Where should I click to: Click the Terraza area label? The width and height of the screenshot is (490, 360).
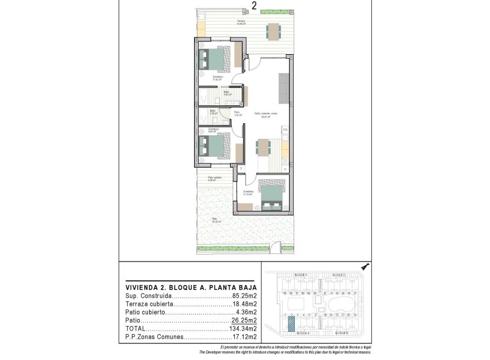coord(240,22)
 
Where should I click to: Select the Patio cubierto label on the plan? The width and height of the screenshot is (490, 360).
coord(215,178)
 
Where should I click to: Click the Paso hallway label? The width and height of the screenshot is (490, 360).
coord(236,113)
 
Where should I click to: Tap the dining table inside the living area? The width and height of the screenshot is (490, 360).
coord(263,147)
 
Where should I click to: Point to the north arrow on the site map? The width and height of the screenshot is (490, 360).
coord(364,266)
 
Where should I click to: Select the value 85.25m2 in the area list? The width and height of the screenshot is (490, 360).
coord(244,296)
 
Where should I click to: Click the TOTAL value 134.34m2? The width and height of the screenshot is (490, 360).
coord(244,328)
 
